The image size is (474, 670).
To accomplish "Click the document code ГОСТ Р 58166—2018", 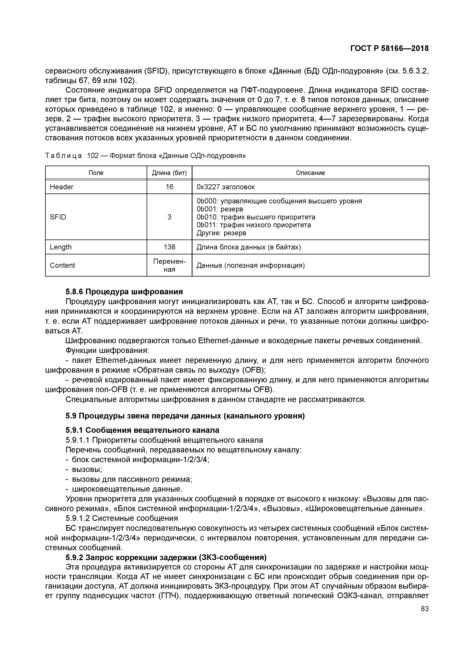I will pyautogui.click(x=389, y=49).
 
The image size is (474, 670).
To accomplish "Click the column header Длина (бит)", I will pyautogui.click(x=169, y=173).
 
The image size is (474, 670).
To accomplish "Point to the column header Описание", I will pyautogui.click(x=310, y=173).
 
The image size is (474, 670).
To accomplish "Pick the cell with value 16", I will pyautogui.click(x=169, y=187).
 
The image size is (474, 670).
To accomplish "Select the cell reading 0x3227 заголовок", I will pyautogui.click(x=226, y=187).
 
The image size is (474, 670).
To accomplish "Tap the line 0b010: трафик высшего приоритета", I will pyautogui.click(x=256, y=217).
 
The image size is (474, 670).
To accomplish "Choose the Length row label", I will pyautogui.click(x=61, y=247).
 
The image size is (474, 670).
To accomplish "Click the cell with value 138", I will pyautogui.click(x=169, y=247).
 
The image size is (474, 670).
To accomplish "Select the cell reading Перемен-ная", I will pyautogui.click(x=169, y=265).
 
